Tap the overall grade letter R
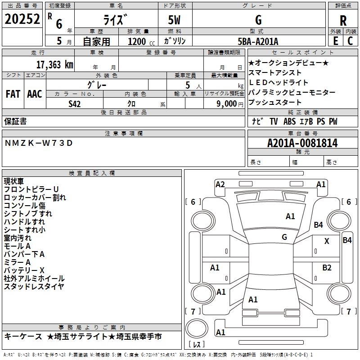[x=343, y=21]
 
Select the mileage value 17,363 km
[x=54, y=65]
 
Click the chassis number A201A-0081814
[x=302, y=144]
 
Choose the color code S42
[x=75, y=104]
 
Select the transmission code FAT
[x=13, y=94]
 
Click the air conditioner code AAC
[x=35, y=94]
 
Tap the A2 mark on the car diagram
[x=220, y=184]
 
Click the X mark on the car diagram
[x=327, y=241]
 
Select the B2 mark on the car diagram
[x=327, y=267]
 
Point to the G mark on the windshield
[x=284, y=237]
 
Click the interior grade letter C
[x=350, y=41]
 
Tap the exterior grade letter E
[x=335, y=41]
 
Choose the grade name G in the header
[x=258, y=21]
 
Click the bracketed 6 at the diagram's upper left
[x=193, y=202]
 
